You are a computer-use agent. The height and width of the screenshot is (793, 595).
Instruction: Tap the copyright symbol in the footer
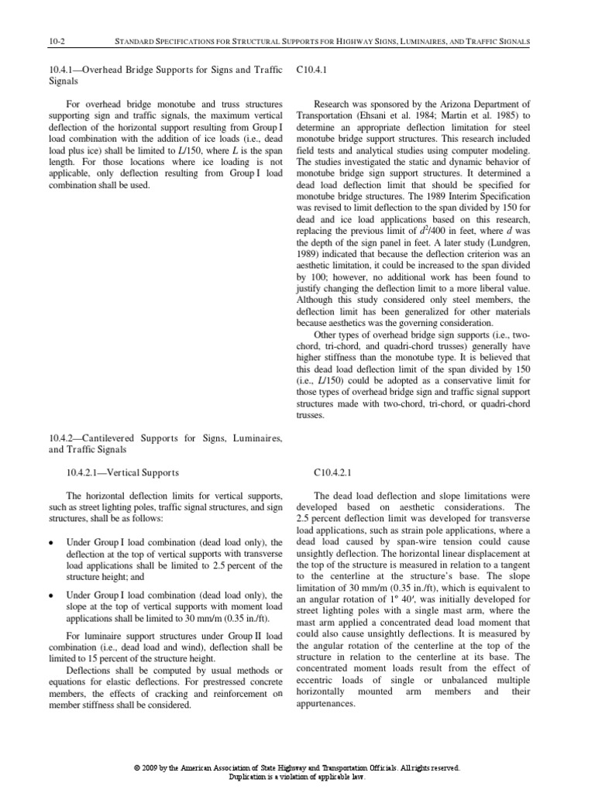click(136, 767)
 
